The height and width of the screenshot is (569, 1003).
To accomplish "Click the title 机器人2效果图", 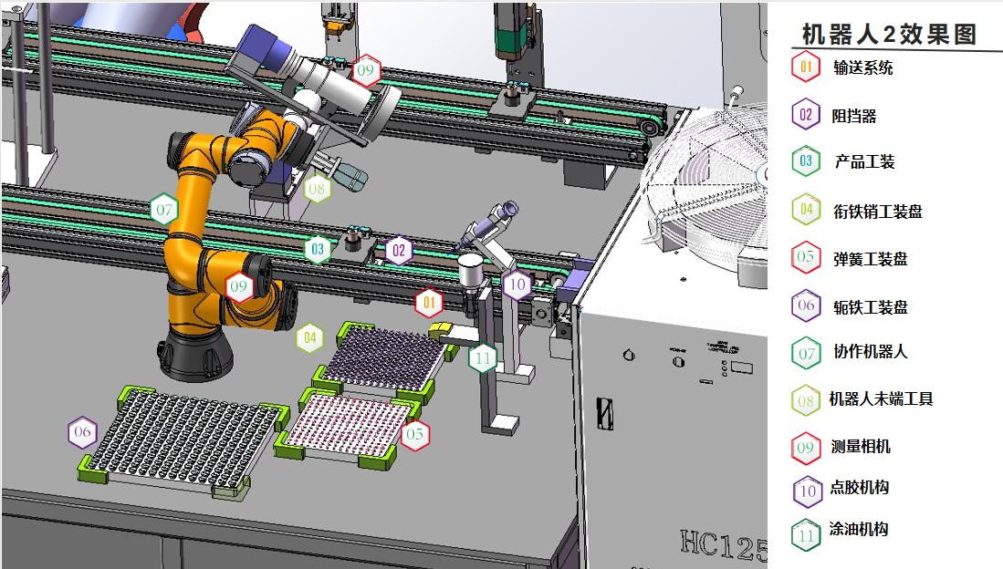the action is click(x=889, y=34).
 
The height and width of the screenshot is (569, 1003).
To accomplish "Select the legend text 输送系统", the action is click(x=863, y=67).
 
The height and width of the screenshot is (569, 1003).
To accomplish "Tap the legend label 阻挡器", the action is click(x=854, y=116).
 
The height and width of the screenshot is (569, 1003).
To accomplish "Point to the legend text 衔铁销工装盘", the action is click(x=878, y=211).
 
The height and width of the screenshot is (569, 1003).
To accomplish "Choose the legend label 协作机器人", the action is click(x=870, y=351).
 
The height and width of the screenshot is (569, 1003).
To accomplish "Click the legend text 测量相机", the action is click(x=861, y=446).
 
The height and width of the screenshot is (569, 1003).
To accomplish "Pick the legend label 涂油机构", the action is click(x=859, y=529).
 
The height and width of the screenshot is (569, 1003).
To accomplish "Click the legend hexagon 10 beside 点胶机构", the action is click(x=808, y=491).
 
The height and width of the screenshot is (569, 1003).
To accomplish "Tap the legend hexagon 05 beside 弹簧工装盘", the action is click(x=806, y=257).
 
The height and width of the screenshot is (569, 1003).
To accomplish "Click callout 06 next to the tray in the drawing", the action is click(x=82, y=432).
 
